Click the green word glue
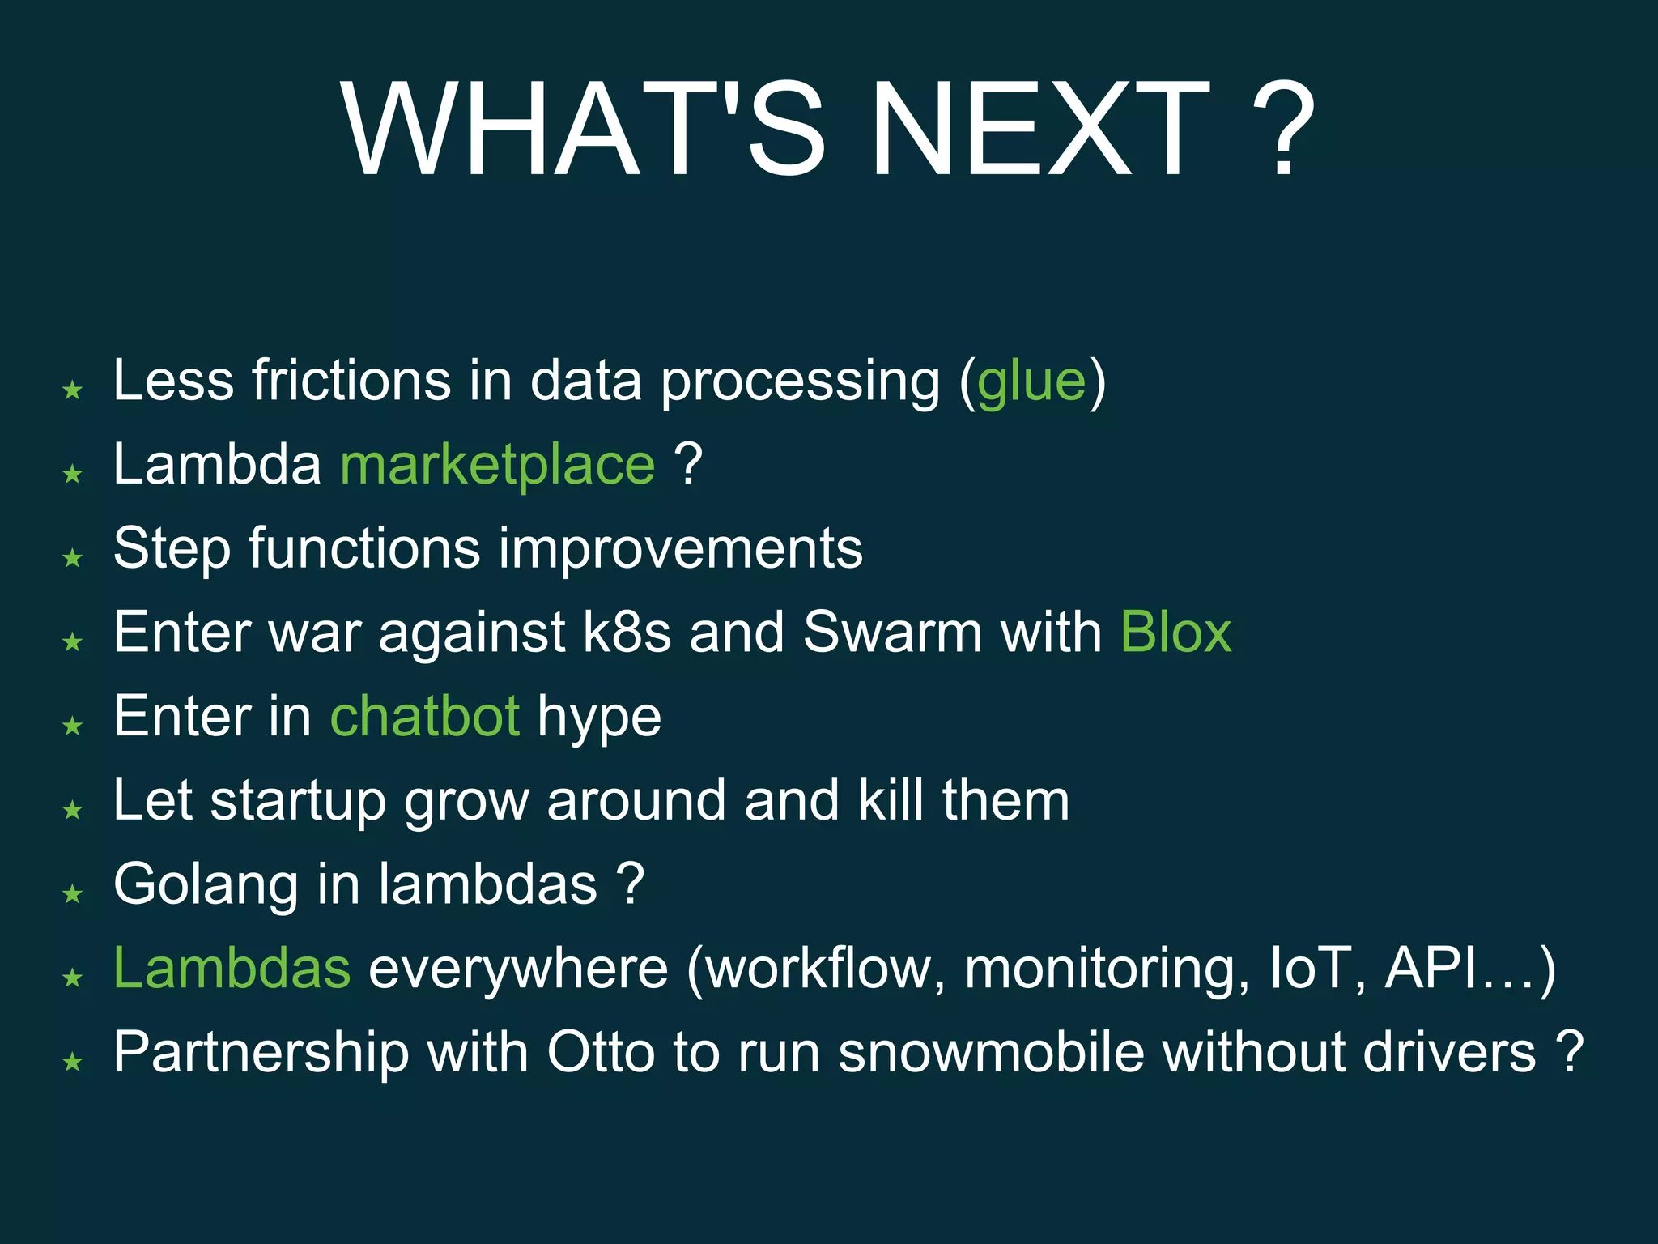pyautogui.click(x=1031, y=382)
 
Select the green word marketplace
pyautogui.click(x=497, y=466)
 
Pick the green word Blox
pyautogui.click(x=1175, y=633)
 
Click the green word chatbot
pyautogui.click(x=425, y=717)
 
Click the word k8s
pyautogui.click(x=627, y=633)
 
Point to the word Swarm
pyautogui.click(x=892, y=633)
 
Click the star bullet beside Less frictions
pyautogui.click(x=73, y=390)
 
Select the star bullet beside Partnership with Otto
pyautogui.click(x=73, y=1061)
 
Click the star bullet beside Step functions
pyautogui.click(x=73, y=558)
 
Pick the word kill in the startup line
pyautogui.click(x=891, y=800)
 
